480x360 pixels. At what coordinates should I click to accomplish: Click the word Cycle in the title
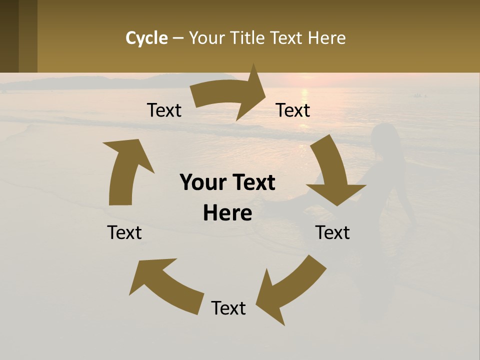tap(146, 38)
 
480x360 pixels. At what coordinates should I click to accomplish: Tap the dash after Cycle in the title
tap(178, 38)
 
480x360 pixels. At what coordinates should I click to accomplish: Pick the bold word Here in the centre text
tap(227, 213)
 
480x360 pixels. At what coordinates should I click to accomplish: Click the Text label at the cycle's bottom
tap(228, 308)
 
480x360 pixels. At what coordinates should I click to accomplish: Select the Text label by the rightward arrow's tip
tap(293, 110)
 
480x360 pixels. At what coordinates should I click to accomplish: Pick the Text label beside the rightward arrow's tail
tap(164, 110)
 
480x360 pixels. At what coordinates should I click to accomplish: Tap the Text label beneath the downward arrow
tap(332, 232)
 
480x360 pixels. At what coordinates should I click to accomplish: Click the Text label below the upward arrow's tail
tap(124, 232)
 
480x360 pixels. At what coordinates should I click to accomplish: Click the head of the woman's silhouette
tap(384, 136)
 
